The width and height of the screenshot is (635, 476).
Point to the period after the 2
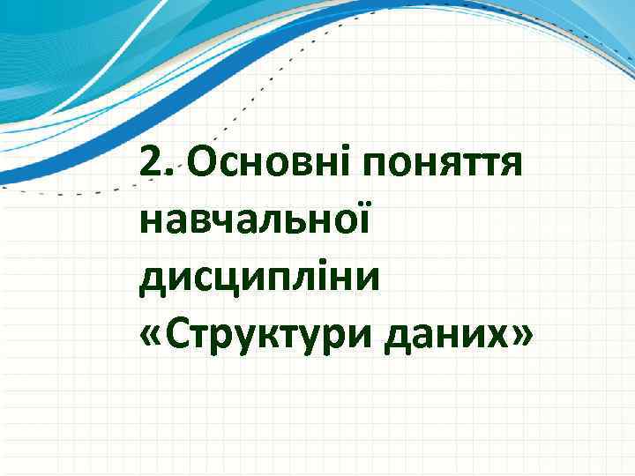(x=168, y=172)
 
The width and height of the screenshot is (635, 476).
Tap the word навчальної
(x=255, y=216)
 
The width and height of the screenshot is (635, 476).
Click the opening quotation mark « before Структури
(x=150, y=335)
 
